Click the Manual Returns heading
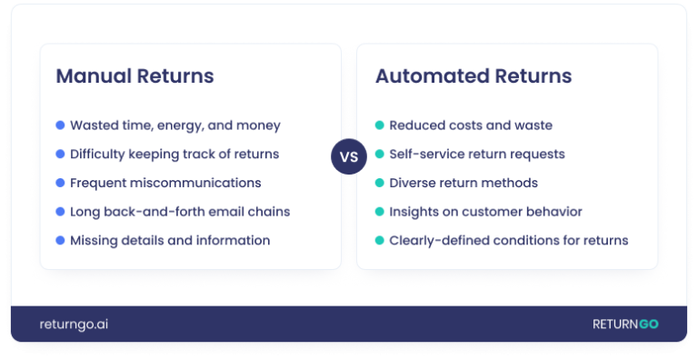point(135,76)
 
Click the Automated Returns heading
point(474,76)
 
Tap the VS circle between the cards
point(349,156)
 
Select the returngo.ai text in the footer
point(74,325)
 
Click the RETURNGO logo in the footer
point(625,325)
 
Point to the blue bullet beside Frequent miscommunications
point(60,183)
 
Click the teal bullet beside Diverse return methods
point(379,183)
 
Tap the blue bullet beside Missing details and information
point(60,241)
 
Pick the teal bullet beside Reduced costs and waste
point(379,125)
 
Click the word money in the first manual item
point(261,125)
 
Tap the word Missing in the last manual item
point(95,241)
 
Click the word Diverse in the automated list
point(414,183)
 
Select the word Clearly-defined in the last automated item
point(441,241)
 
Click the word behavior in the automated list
point(551,212)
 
